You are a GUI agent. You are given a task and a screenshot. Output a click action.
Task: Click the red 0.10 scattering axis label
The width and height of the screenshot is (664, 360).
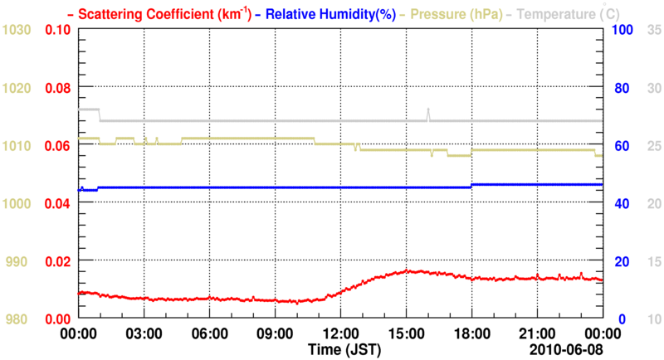56,30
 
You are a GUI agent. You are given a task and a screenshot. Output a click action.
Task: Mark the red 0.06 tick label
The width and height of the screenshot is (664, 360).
56,146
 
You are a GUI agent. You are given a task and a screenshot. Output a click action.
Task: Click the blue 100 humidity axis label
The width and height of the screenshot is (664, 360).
622,30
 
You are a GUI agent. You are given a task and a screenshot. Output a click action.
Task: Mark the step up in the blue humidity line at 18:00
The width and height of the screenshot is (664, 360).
471,186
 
